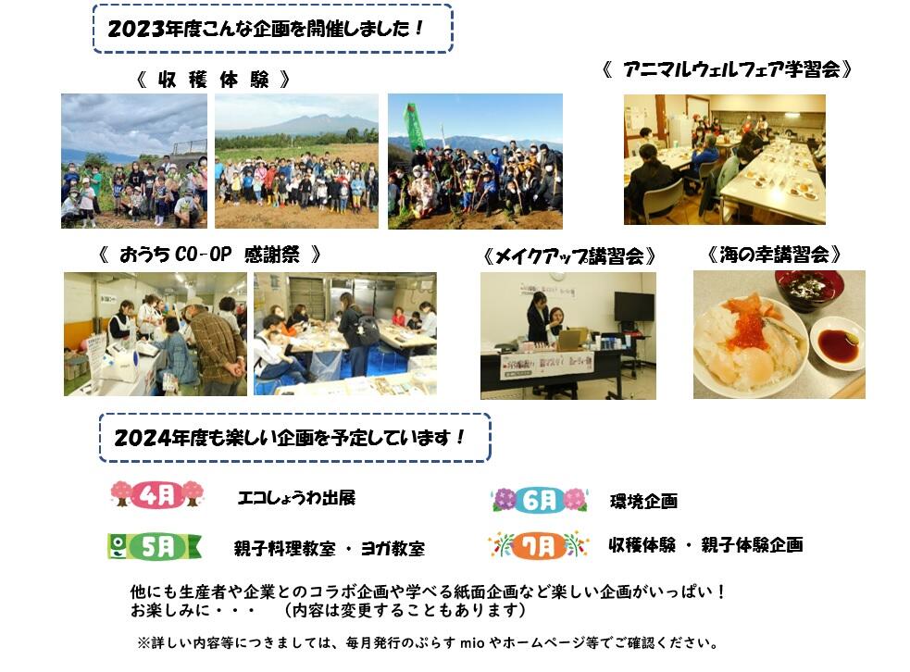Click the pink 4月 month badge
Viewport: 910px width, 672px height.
(156, 495)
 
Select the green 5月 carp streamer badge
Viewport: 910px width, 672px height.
(155, 546)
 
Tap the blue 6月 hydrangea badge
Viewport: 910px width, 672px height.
(539, 500)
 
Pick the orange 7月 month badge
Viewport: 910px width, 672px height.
(538, 545)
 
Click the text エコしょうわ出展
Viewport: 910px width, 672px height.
(296, 497)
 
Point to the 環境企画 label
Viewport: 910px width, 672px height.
(643, 501)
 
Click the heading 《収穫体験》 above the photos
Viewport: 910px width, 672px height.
(213, 80)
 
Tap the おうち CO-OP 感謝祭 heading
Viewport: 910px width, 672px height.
(209, 255)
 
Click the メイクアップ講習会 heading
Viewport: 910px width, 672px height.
(568, 255)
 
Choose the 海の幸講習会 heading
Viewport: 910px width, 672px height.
(774, 255)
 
